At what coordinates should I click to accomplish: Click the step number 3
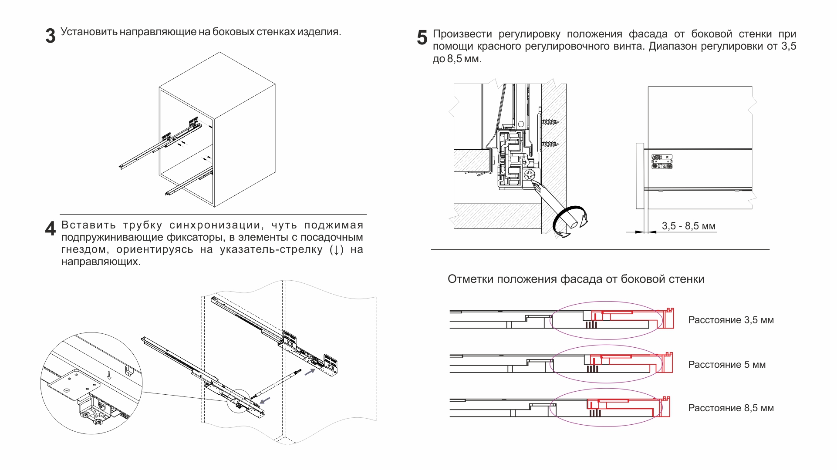51,36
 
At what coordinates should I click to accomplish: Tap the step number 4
51,228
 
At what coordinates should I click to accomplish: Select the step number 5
422,37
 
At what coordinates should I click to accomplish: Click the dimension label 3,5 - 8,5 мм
688,226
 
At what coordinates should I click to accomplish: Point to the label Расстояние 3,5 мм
731,320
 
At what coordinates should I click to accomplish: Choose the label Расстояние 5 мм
726,365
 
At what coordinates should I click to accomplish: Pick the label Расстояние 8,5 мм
731,408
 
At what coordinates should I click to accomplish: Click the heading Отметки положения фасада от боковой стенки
576,279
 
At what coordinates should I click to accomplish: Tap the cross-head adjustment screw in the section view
530,175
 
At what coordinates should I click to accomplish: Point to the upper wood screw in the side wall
550,122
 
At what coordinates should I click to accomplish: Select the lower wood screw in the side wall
550,144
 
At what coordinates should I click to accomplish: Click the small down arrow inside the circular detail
109,375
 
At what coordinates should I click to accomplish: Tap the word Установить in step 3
89,32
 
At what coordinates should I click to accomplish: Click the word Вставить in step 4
89,225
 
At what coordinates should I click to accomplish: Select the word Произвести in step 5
462,34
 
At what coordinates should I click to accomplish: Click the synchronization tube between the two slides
277,383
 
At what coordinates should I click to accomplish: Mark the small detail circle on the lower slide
239,401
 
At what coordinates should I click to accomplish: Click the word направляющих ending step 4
101,262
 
